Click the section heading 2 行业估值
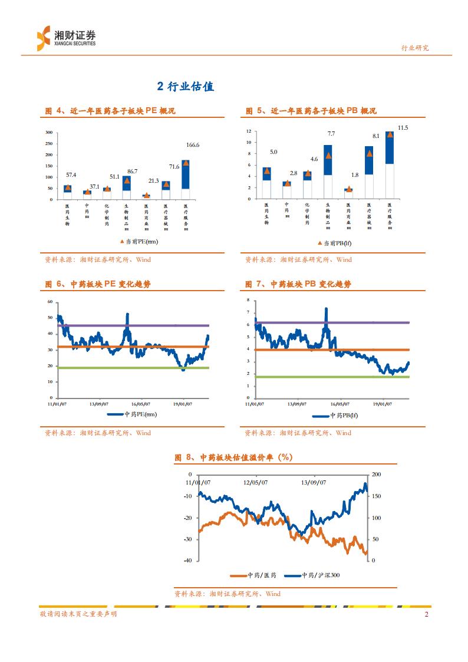click(185, 87)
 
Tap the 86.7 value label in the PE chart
click(131, 171)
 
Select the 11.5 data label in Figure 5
click(403, 128)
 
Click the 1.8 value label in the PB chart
click(354, 175)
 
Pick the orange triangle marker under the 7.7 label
click(328, 156)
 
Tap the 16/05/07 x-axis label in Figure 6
click(140, 404)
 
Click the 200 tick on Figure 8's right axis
click(377, 475)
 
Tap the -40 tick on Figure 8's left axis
click(188, 561)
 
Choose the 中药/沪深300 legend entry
click(312, 575)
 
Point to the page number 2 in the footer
click(426, 615)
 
